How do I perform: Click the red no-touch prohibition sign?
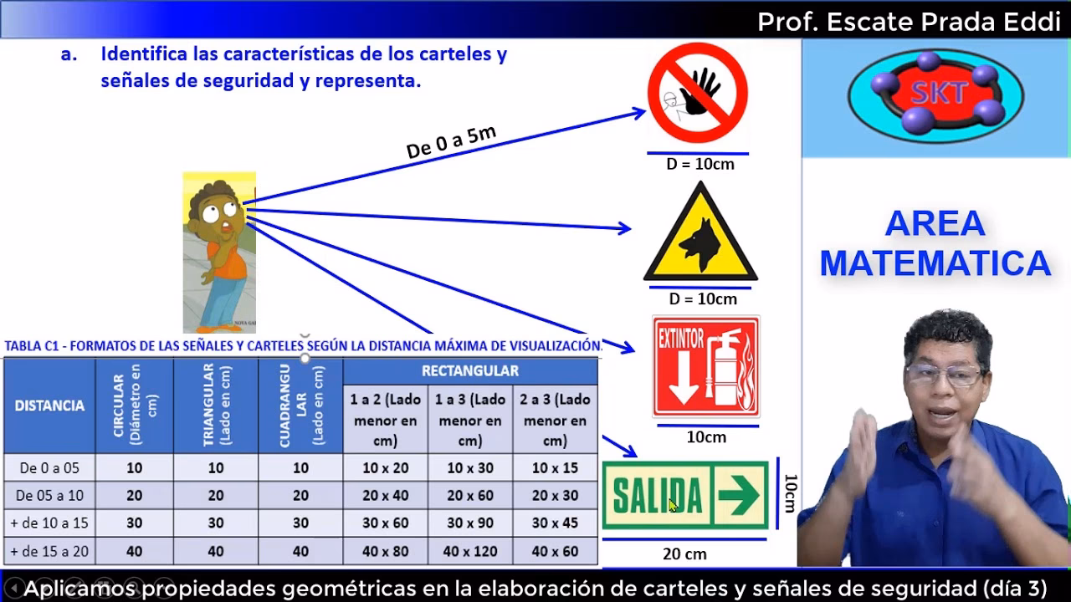pyautogui.click(x=697, y=93)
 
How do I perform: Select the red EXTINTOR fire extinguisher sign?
pyautogui.click(x=706, y=366)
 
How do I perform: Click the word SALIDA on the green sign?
pyautogui.click(x=658, y=497)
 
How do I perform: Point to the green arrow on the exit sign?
pyautogui.click(x=738, y=496)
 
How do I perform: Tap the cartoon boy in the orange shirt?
pyautogui.click(x=219, y=252)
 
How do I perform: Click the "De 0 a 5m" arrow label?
pyautogui.click(x=451, y=141)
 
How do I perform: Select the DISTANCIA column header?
pyautogui.click(x=49, y=406)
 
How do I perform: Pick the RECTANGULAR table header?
pyautogui.click(x=470, y=370)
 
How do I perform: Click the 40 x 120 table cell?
pyautogui.click(x=470, y=551)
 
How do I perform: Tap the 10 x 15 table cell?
pyautogui.click(x=555, y=468)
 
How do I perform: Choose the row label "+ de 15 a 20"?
pyautogui.click(x=49, y=551)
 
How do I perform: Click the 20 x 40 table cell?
pyautogui.click(x=385, y=496)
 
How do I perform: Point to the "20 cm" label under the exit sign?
pyautogui.click(x=684, y=554)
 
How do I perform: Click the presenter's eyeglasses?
pyautogui.click(x=944, y=374)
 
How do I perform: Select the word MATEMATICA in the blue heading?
pyautogui.click(x=935, y=263)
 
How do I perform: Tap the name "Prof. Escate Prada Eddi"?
pyautogui.click(x=909, y=22)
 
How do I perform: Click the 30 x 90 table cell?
pyautogui.click(x=470, y=523)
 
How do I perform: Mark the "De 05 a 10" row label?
pyautogui.click(x=49, y=496)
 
